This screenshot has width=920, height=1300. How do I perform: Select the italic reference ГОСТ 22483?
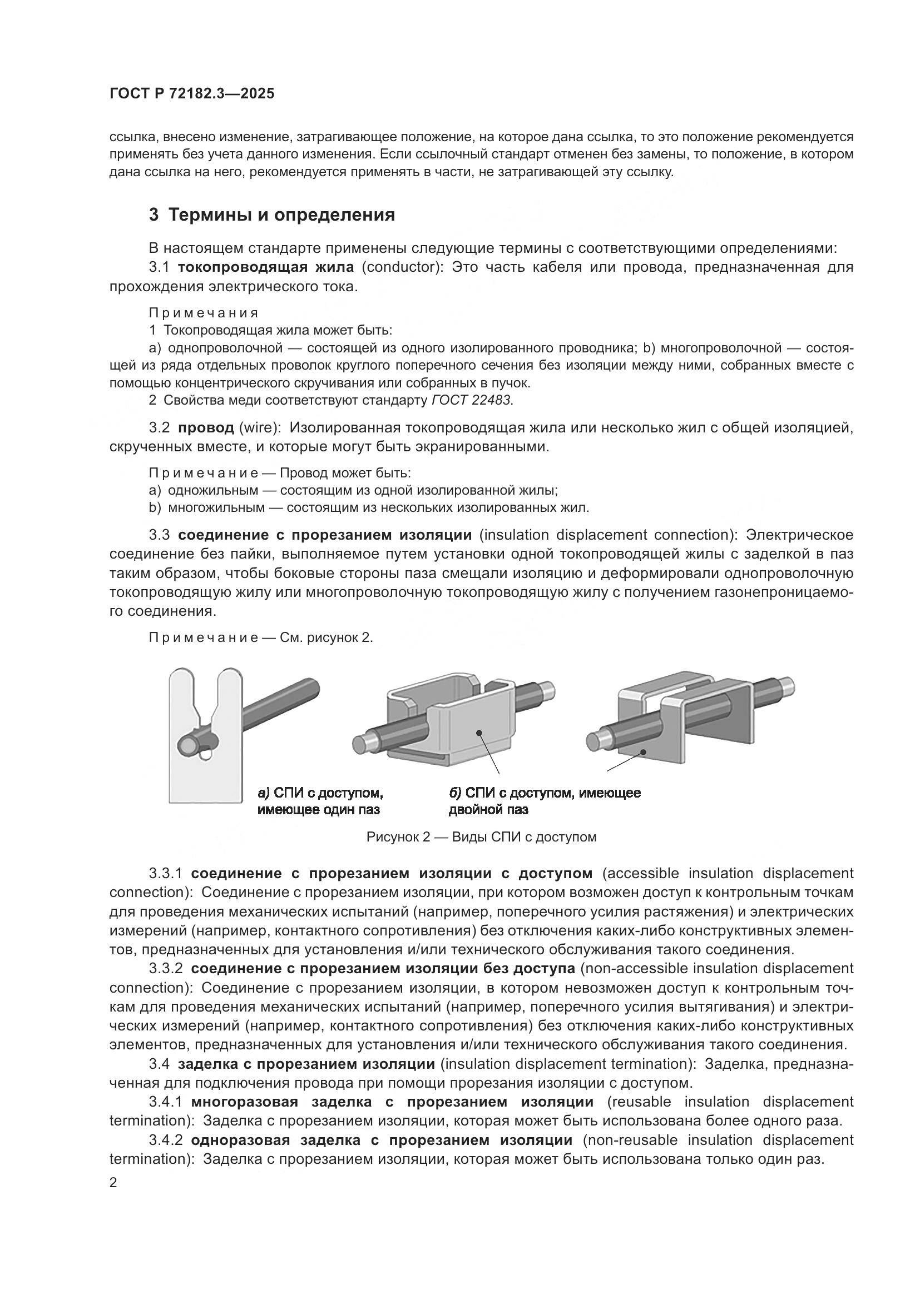tap(471, 400)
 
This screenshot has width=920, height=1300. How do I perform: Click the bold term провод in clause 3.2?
tap(206, 427)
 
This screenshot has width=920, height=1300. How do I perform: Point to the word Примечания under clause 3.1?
tap(204, 313)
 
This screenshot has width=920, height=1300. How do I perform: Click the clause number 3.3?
tap(159, 535)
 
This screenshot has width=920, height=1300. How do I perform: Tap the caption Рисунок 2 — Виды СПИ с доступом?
tap(481, 837)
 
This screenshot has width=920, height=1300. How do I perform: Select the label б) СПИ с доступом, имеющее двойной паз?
tap(544, 800)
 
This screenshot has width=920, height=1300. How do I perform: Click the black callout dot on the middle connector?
tap(479, 733)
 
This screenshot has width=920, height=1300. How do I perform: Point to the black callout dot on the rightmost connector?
tap(643, 752)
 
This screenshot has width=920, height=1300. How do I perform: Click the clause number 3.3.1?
tap(166, 874)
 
